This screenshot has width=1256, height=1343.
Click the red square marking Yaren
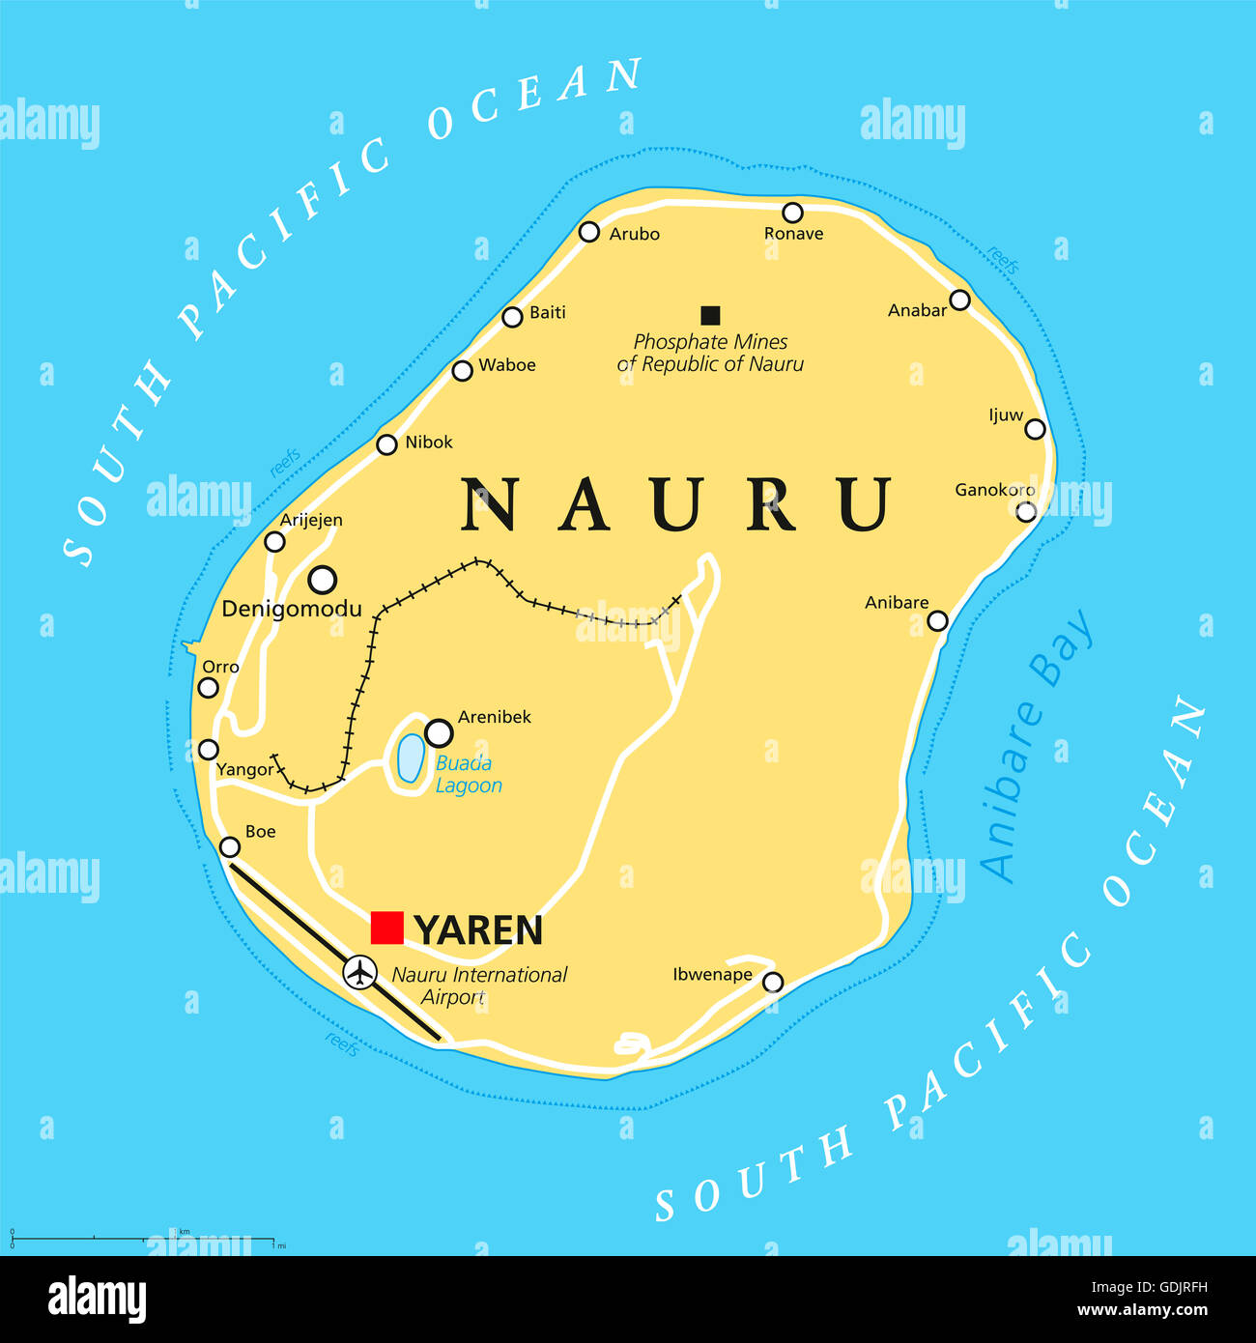(386, 928)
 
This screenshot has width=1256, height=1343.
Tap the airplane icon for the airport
(360, 971)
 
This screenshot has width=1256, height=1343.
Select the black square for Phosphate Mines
(710, 314)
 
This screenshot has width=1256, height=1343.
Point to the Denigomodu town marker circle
(322, 580)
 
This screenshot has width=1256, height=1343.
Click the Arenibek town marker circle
(439, 732)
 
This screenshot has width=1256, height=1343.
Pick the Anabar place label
(917, 310)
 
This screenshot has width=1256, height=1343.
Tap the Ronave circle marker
(792, 213)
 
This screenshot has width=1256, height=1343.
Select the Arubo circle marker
(589, 232)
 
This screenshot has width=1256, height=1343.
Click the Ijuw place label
(1005, 415)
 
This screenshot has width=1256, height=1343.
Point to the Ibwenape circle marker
(773, 983)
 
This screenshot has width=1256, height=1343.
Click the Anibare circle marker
(937, 620)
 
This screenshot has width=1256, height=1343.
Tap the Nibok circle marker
(386, 444)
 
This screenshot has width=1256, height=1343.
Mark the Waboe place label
(506, 365)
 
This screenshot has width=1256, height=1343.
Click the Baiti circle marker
(512, 317)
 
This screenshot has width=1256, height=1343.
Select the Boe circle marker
(230, 847)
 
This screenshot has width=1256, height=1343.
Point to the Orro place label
(220, 667)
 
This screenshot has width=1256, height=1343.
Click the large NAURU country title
(676, 504)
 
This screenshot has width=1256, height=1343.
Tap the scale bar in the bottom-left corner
(145, 1238)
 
